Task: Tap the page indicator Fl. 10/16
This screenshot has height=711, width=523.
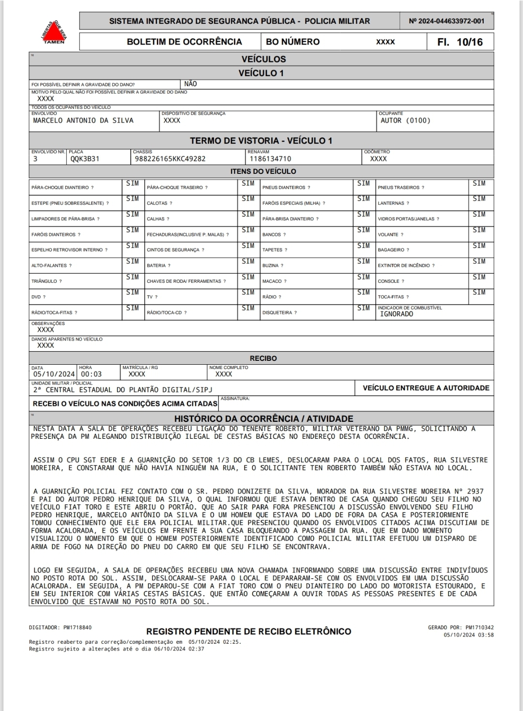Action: point(460,42)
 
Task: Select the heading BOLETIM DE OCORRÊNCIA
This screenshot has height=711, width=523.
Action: point(184,42)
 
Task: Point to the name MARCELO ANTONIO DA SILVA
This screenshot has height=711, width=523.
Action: point(83,121)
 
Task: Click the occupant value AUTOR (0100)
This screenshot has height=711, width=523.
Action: point(405,121)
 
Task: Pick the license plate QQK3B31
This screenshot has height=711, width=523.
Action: point(85,159)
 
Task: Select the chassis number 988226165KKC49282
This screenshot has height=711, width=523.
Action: point(170,159)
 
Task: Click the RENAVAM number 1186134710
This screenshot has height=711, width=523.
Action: point(270,159)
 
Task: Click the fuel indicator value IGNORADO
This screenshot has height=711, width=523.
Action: point(397,314)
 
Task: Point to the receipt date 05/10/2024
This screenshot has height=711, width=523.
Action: point(54,374)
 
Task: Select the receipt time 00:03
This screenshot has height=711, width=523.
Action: point(91,374)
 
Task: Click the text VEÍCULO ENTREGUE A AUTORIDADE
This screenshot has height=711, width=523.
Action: point(426,388)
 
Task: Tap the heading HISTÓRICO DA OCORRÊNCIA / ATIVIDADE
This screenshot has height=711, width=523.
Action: point(263,419)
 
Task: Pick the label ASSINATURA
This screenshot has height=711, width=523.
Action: point(235,399)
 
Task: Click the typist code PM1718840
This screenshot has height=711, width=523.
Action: point(77,628)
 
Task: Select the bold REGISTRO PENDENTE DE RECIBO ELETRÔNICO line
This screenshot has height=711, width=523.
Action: point(248,632)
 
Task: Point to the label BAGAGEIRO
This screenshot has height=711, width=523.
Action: point(393,250)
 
